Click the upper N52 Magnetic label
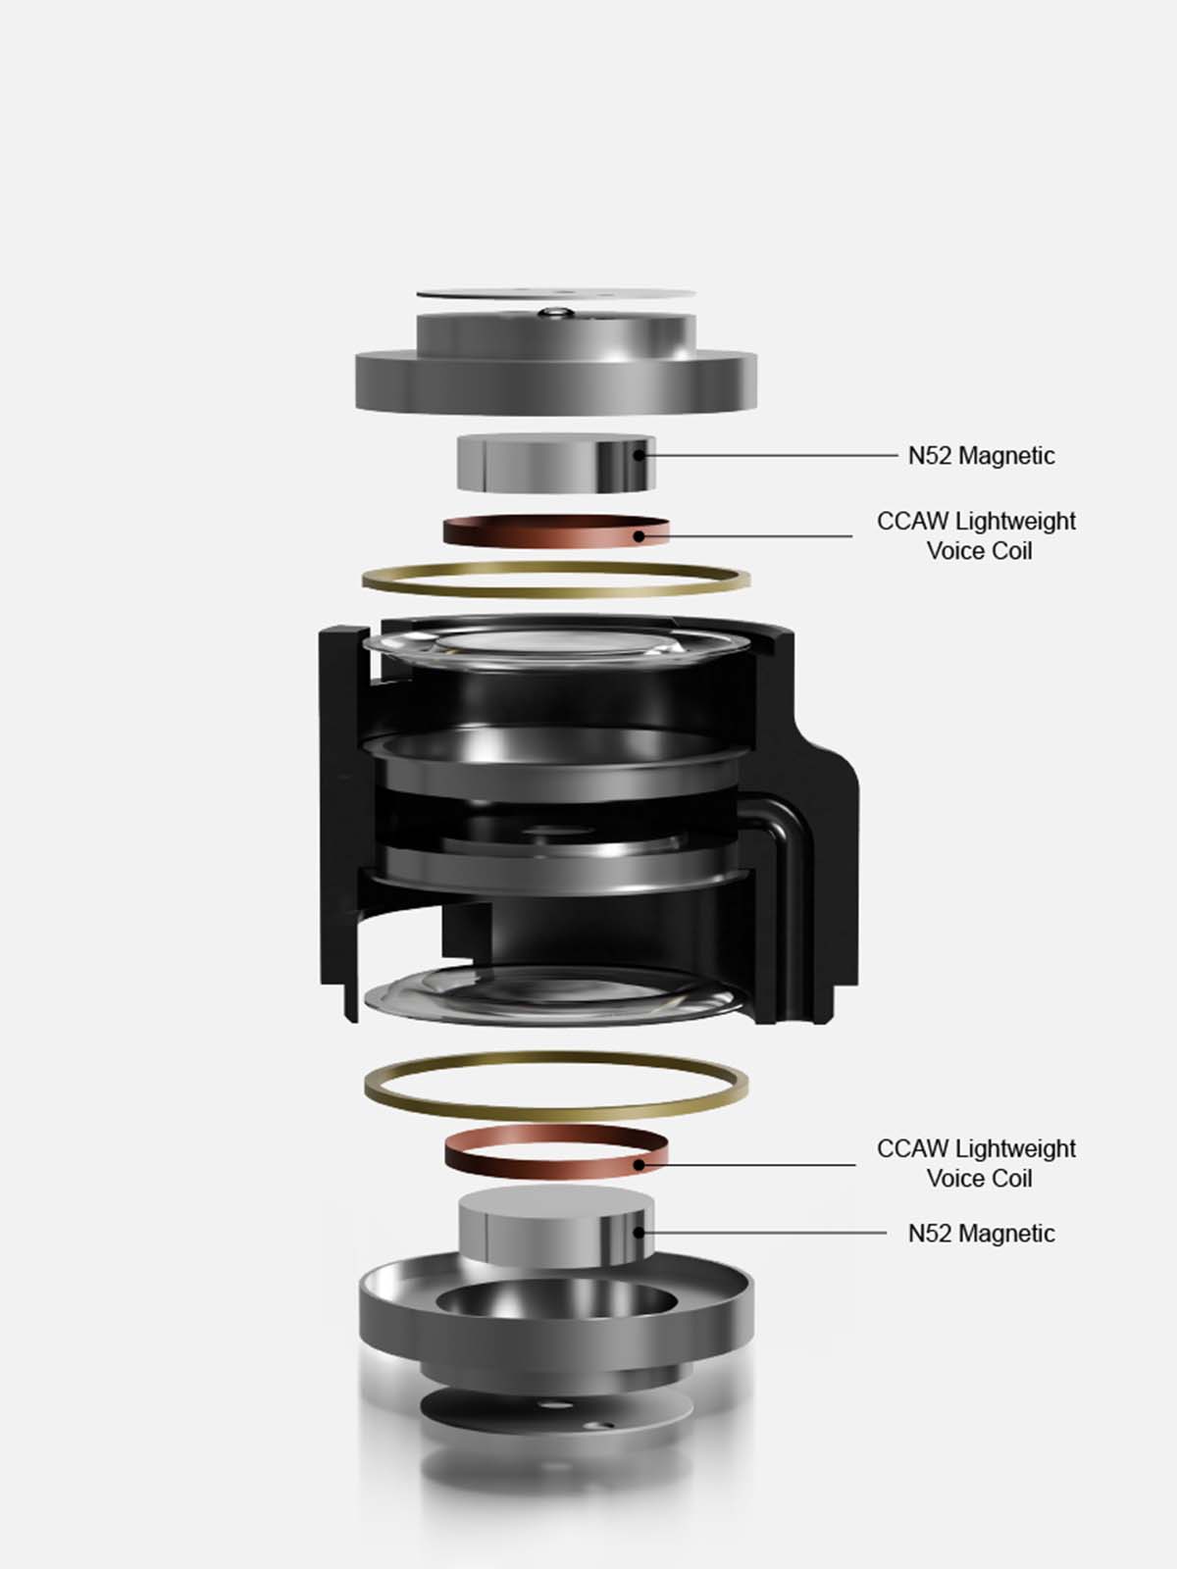981,455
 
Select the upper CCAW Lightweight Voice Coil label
976,535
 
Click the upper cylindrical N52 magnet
556,463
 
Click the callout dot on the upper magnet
639,455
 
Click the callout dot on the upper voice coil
639,535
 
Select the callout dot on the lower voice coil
639,1164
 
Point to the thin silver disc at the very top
556,292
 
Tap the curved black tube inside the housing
783,858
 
